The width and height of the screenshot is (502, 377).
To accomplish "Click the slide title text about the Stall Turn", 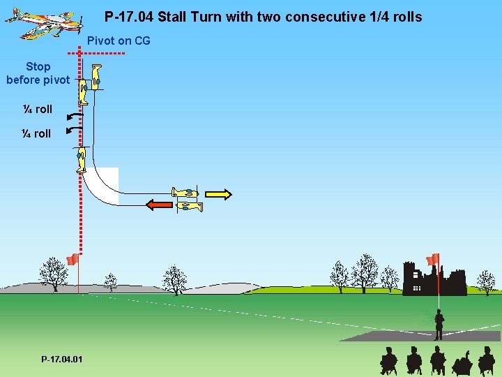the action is [263, 17].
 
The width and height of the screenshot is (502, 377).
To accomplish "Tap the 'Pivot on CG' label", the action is [119, 40].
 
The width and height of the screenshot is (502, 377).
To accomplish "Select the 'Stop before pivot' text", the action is [38, 73].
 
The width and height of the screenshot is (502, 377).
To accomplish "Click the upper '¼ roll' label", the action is [37, 109].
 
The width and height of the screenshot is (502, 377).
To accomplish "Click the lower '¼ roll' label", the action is [37, 133].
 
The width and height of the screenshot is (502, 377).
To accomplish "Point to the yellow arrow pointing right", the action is [218, 194].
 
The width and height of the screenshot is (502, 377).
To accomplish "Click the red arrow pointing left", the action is [158, 205].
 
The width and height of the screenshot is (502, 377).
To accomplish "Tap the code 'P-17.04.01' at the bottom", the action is [61, 359].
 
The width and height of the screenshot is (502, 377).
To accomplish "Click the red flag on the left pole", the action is [71, 260].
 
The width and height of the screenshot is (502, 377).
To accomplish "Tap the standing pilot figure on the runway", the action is [439, 325].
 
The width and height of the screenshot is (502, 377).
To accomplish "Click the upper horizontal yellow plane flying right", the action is [186, 192].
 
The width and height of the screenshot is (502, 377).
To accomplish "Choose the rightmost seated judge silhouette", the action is [486, 361].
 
